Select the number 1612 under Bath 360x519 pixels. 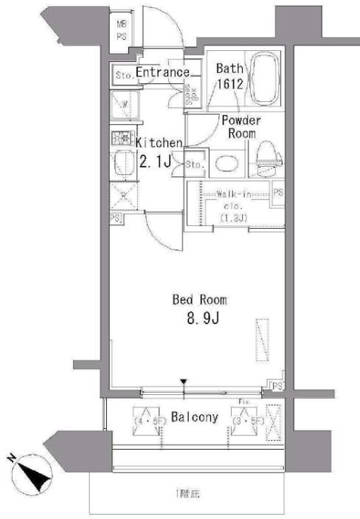pos(226,83)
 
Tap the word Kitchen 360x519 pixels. pos(157,141)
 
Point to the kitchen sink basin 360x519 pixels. pos(121,162)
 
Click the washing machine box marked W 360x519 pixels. pos(122,105)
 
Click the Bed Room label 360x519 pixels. pos(199,300)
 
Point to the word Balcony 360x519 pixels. pos(195,418)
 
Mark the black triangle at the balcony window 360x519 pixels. pos(184,382)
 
